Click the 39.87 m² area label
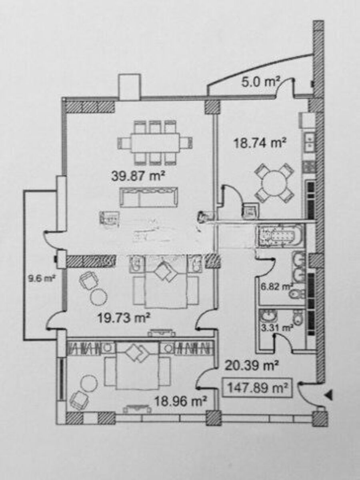point(138,176)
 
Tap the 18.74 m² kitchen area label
point(260,143)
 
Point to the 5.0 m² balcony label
point(260,82)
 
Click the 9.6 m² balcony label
point(42,279)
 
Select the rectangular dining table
point(155,142)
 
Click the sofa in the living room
point(148,197)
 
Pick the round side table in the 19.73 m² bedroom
point(99,296)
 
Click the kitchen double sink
point(310,142)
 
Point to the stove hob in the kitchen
point(309,166)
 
